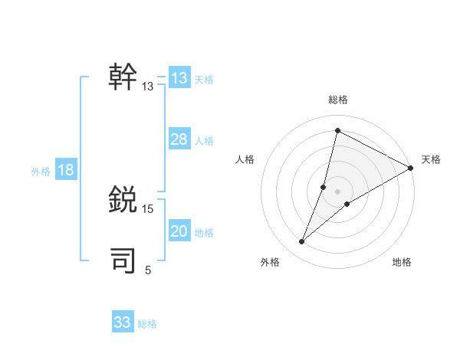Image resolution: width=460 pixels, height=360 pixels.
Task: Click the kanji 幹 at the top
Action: coord(123,77)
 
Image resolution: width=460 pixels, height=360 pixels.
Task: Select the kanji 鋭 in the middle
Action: coord(123,200)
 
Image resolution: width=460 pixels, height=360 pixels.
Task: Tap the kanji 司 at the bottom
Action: coord(123,260)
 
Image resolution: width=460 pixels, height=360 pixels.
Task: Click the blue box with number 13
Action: coord(179,78)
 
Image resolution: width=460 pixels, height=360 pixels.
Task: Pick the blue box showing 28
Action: coord(179,139)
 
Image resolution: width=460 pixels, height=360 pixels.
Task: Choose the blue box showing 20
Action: coord(179,231)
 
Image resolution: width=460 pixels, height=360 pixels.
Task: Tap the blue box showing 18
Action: coord(66,170)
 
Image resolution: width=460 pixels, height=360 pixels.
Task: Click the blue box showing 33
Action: coord(123,322)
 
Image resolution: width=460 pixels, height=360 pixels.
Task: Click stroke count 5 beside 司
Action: coord(148,270)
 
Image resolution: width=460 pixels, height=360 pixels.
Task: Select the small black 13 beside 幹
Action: coord(148,87)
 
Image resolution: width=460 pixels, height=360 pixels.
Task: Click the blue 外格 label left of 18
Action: coord(41,172)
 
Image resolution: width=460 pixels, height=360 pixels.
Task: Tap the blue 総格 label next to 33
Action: coord(147,324)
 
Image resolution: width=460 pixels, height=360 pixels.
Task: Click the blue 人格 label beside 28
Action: coord(204,141)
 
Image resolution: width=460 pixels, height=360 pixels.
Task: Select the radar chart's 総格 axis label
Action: coord(338,100)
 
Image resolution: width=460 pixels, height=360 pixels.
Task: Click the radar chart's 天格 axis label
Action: coord(431,159)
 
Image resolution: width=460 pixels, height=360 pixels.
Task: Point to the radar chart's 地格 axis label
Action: coord(402,263)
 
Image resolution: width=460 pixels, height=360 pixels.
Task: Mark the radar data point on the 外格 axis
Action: coord(302,242)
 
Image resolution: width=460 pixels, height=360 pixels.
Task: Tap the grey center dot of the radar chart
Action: coord(338,191)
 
